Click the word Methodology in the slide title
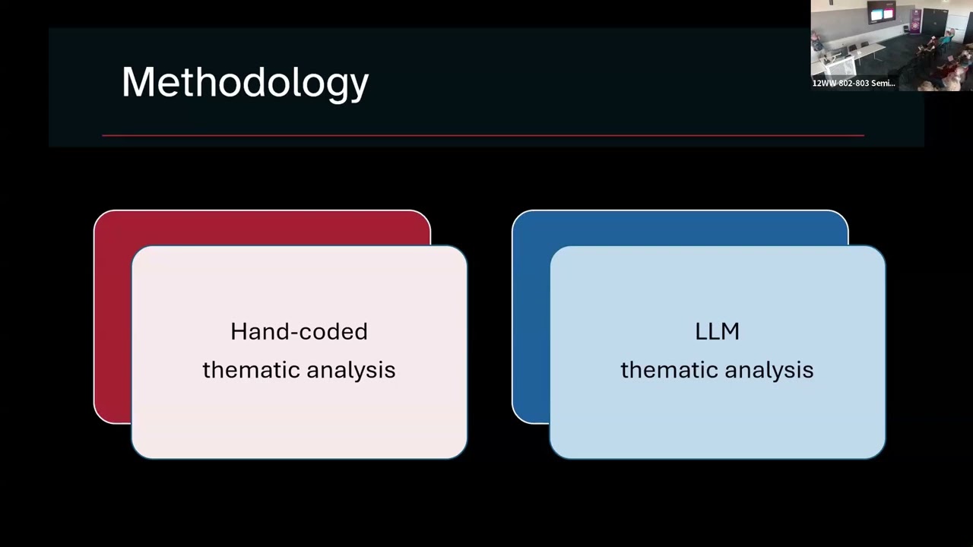point(245,84)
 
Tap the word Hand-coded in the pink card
point(299,332)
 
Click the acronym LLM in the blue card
point(717,332)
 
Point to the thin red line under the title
point(483,135)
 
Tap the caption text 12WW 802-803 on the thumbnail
point(841,83)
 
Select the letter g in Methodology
point(332,87)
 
